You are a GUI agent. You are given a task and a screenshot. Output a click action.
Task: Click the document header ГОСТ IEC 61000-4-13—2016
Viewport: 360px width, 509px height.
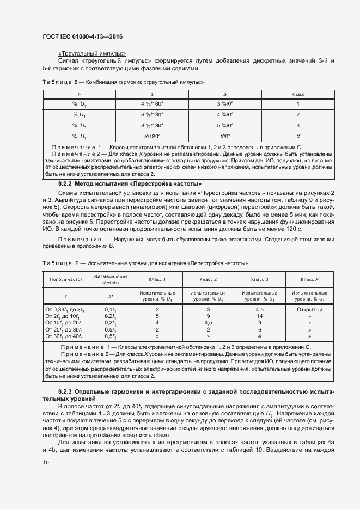pos(82,36)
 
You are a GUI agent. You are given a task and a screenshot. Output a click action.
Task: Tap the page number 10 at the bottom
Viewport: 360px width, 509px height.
pos(46,463)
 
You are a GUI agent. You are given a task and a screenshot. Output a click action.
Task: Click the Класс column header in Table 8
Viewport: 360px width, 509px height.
pos(298,94)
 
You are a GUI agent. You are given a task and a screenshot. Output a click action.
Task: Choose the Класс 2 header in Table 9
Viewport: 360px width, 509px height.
pos(208,279)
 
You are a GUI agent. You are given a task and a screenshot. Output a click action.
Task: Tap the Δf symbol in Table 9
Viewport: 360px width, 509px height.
pos(111,296)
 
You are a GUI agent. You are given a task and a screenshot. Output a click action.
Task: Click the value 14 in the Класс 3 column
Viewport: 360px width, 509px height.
pos(260,316)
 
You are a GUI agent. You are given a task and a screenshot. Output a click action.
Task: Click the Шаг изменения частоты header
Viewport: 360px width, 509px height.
pos(111,279)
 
